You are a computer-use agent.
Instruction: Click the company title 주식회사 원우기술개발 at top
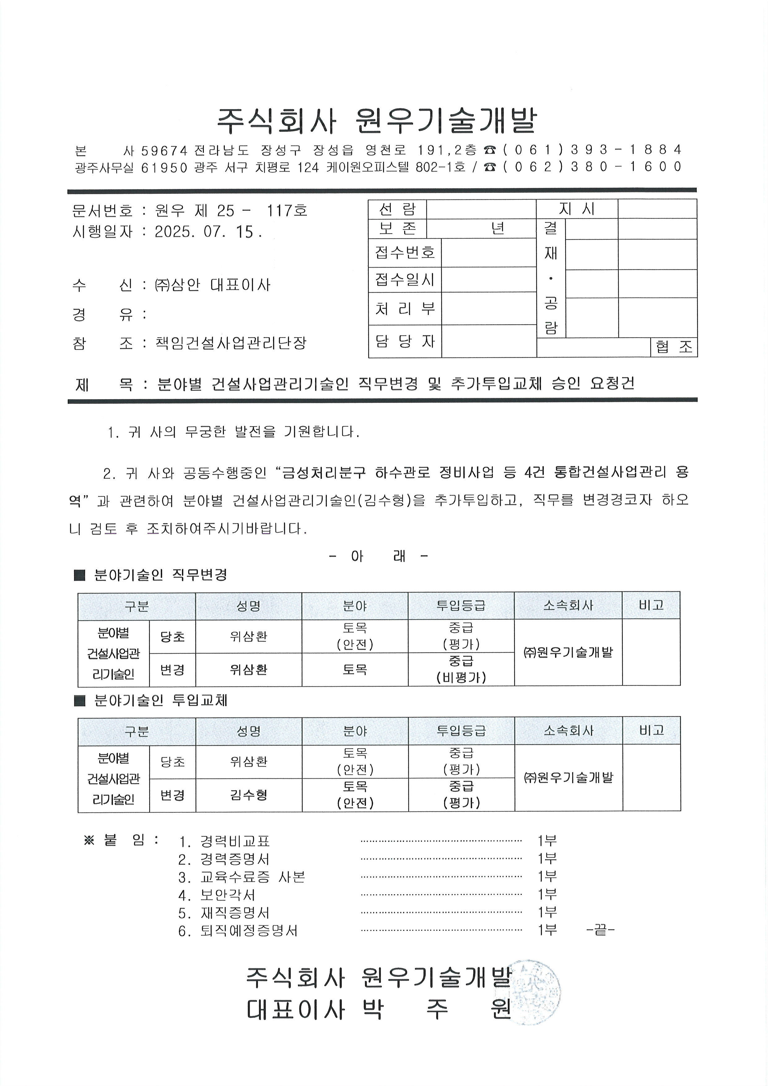click(377, 120)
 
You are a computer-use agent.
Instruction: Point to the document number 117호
click(287, 211)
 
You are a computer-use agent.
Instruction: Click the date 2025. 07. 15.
click(208, 232)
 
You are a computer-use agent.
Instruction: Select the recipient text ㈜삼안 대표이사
click(213, 285)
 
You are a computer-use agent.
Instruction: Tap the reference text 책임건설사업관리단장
click(231, 343)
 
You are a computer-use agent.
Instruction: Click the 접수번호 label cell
click(405, 253)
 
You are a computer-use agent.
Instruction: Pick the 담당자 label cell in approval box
click(405, 341)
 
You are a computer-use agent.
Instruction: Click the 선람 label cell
click(397, 209)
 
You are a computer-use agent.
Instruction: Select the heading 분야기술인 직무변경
click(161, 575)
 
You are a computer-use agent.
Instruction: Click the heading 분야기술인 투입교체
click(161, 700)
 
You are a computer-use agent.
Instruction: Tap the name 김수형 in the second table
click(249, 795)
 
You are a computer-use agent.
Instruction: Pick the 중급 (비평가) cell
click(461, 669)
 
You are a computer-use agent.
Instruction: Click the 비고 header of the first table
click(651, 605)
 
